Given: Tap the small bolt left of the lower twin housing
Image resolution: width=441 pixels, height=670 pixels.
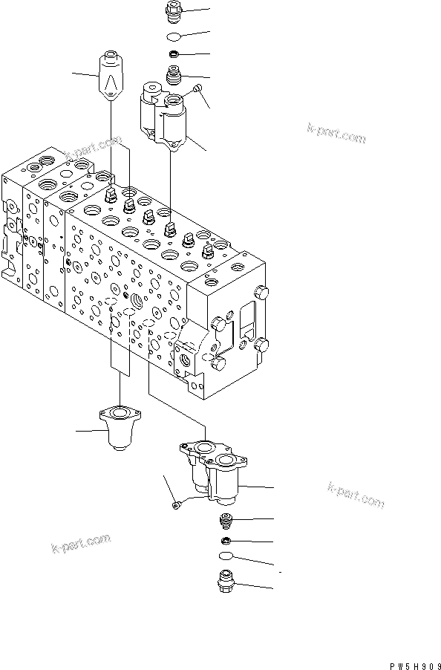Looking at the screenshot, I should coord(175,506).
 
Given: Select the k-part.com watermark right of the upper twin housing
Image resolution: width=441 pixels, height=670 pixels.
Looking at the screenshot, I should coord(336,133).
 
